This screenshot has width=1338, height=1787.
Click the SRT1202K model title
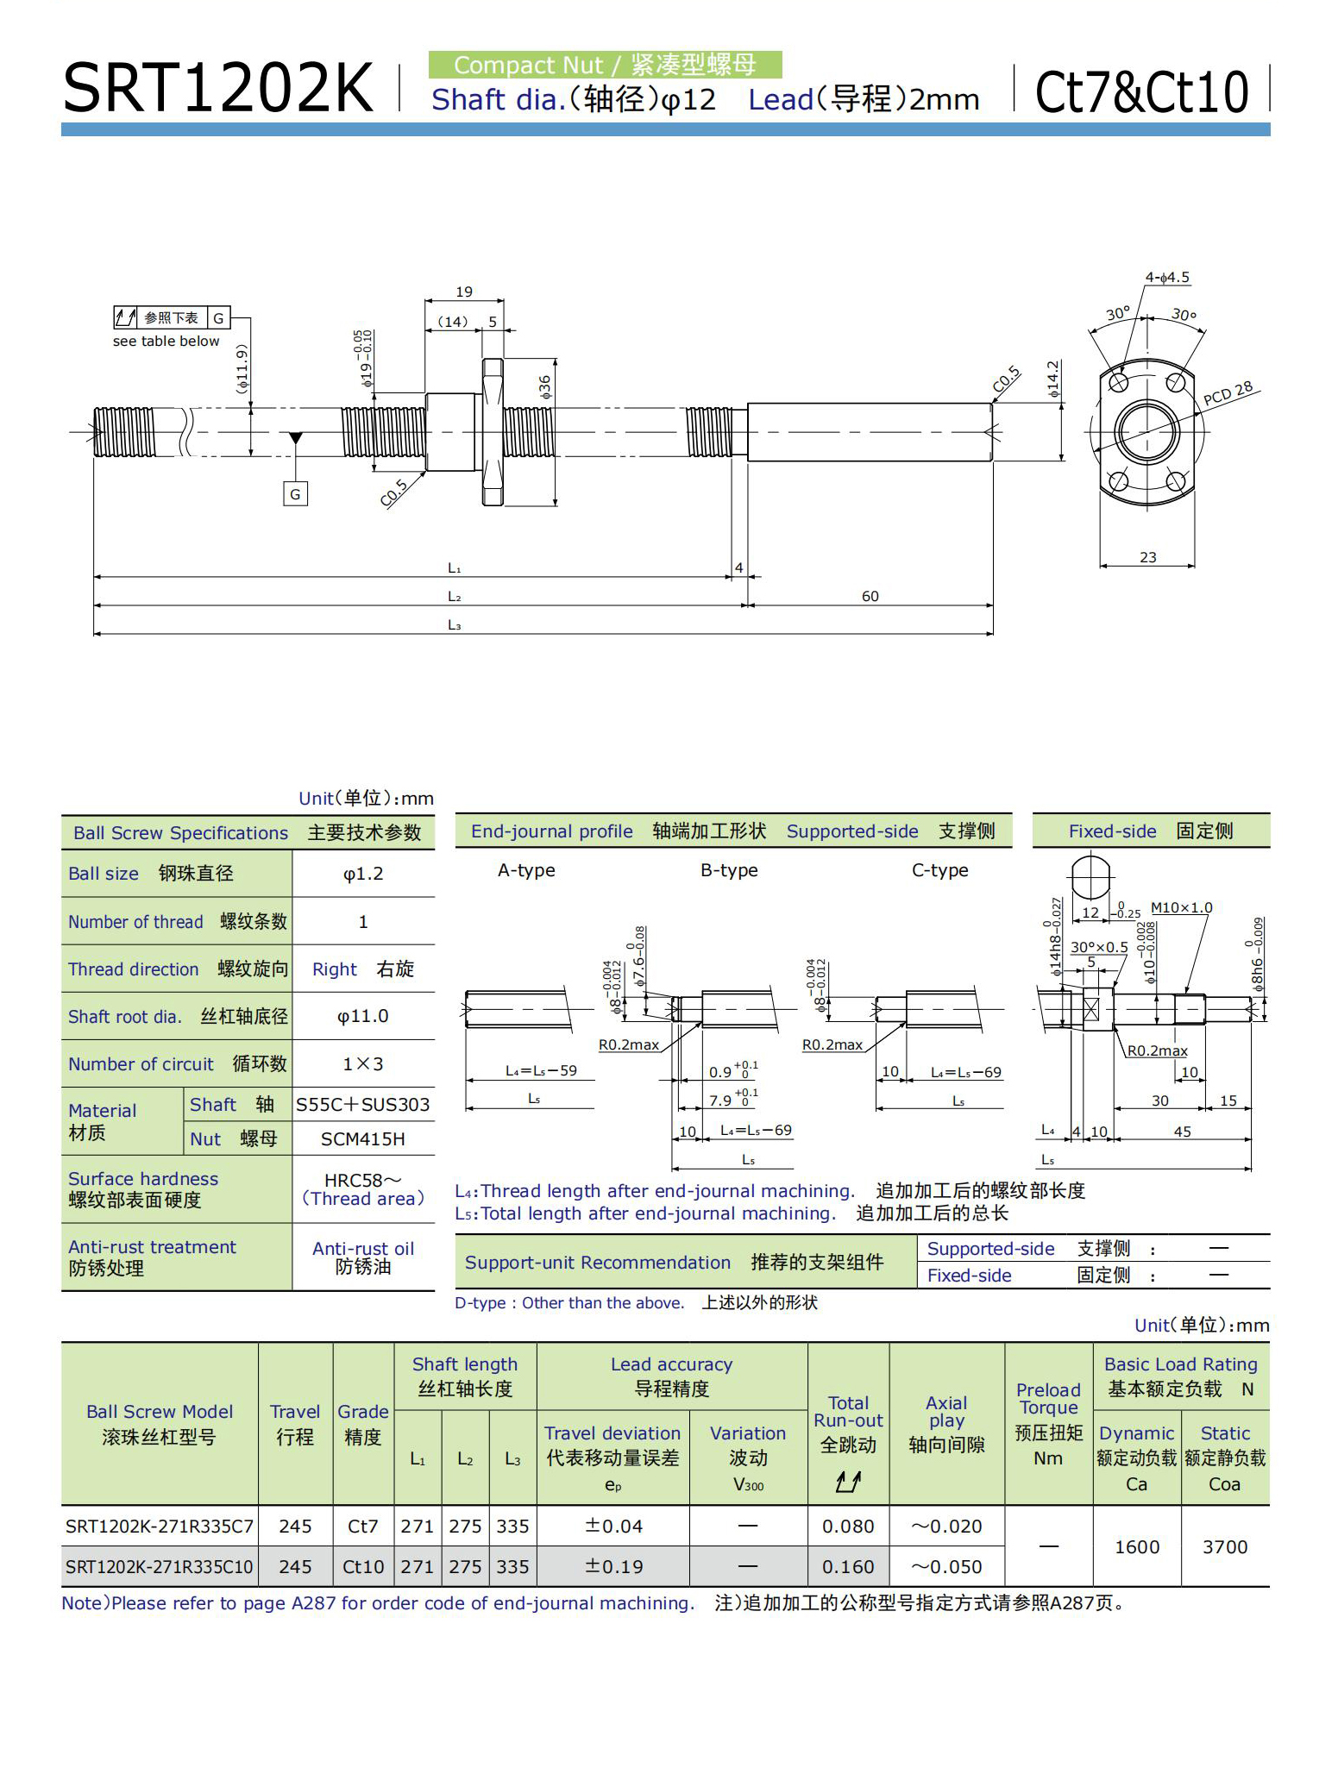pyautogui.click(x=217, y=89)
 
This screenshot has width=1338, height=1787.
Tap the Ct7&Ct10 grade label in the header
pyautogui.click(x=1140, y=91)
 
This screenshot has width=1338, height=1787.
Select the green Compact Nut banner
pyautogui.click(x=605, y=65)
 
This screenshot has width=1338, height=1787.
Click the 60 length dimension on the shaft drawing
pyautogui.click(x=870, y=596)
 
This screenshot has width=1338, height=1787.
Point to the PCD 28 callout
pyautogui.click(x=1228, y=392)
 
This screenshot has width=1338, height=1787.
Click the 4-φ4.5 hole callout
pyautogui.click(x=1167, y=278)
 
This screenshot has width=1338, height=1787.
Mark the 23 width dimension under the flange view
pyautogui.click(x=1147, y=557)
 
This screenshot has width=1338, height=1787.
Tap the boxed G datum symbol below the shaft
pyautogui.click(x=295, y=494)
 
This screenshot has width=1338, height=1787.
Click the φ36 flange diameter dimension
pyautogui.click(x=544, y=386)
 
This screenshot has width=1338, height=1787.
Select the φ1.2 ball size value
pyautogui.click(x=363, y=874)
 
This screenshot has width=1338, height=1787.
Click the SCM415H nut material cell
pyautogui.click(x=363, y=1138)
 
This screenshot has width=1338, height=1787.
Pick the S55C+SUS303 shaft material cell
pyautogui.click(x=363, y=1105)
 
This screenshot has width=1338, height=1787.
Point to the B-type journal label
pyautogui.click(x=729, y=870)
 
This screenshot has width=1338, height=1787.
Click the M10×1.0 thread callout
pyautogui.click(x=1181, y=907)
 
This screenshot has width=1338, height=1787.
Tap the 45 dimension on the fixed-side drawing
pyautogui.click(x=1182, y=1131)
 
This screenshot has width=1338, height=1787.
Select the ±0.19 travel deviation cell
pyautogui.click(x=613, y=1566)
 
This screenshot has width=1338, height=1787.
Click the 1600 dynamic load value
pyautogui.click(x=1136, y=1546)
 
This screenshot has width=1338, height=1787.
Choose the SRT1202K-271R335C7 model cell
pyautogui.click(x=160, y=1527)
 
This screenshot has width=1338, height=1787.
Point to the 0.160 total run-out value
pyautogui.click(x=848, y=1566)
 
